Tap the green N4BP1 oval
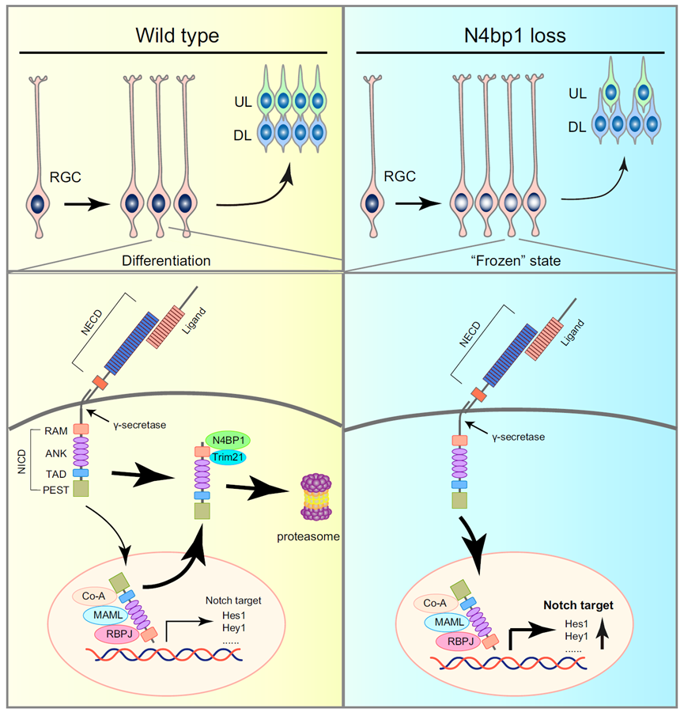click(228, 440)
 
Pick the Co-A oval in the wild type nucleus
click(93, 595)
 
